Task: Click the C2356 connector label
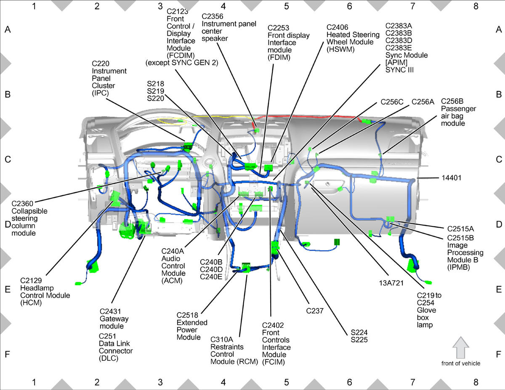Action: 212,16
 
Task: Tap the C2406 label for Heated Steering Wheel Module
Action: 337,27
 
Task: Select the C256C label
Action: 392,102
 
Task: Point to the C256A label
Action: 423,102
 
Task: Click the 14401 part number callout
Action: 451,178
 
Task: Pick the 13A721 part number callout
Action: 391,283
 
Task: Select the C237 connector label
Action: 315,311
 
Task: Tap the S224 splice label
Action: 359,332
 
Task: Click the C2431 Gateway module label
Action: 110,311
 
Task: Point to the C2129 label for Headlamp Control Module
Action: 31,281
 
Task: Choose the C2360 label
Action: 22,204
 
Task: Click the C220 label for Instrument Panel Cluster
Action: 101,64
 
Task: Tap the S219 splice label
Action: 155,91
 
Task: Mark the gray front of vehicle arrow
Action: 461,348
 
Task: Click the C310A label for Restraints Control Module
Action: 221,340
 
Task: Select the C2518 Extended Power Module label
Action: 187,315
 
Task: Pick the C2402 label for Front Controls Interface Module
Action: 273,325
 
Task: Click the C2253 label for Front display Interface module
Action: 278,28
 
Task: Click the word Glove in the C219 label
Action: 426,310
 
